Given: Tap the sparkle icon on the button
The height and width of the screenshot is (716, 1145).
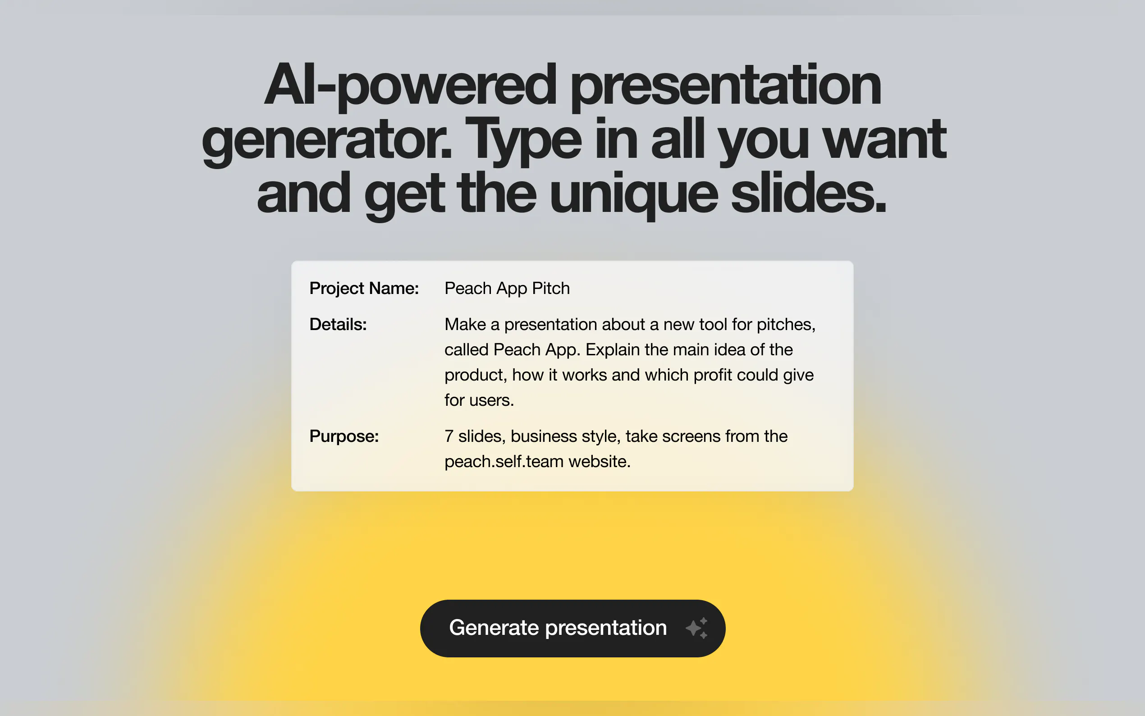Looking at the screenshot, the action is [697, 628].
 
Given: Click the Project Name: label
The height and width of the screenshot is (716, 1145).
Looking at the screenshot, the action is [364, 289].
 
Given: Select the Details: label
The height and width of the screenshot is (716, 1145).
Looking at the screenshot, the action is [338, 324].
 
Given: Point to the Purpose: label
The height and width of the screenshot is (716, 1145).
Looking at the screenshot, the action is [344, 436].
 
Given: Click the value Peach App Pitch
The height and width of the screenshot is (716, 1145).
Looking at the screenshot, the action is [507, 289].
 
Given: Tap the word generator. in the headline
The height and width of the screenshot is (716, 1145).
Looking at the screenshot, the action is [327, 141].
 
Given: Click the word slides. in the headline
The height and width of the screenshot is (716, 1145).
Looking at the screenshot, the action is [808, 194].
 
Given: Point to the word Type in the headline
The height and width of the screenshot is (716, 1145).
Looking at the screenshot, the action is [523, 141].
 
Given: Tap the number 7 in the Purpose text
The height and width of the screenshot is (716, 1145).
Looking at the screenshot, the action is [449, 436].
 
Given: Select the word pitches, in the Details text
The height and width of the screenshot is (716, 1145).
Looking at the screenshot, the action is [786, 325].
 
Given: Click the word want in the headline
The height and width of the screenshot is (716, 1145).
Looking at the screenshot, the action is [884, 140].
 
